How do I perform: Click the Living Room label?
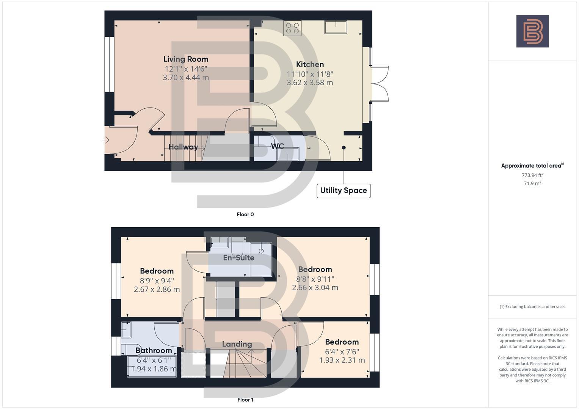[186, 59]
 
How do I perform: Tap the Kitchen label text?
[310, 64]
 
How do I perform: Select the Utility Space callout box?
[344, 190]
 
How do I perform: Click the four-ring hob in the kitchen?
[292, 28]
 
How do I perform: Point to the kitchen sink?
[336, 27]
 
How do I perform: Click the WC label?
[278, 146]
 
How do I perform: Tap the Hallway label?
[183, 147]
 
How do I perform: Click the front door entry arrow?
[106, 140]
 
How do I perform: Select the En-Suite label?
[239, 258]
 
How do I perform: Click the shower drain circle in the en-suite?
[261, 251]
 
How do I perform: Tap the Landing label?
[237, 344]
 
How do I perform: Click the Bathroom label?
[154, 350]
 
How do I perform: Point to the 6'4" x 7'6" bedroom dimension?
[342, 351]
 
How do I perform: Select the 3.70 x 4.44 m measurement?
[186, 78]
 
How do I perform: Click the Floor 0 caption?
[245, 214]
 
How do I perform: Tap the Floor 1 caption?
[245, 400]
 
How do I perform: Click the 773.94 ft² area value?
[532, 175]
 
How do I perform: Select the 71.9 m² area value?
[532, 183]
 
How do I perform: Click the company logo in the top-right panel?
[532, 31]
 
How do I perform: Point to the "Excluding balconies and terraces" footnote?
[532, 307]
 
